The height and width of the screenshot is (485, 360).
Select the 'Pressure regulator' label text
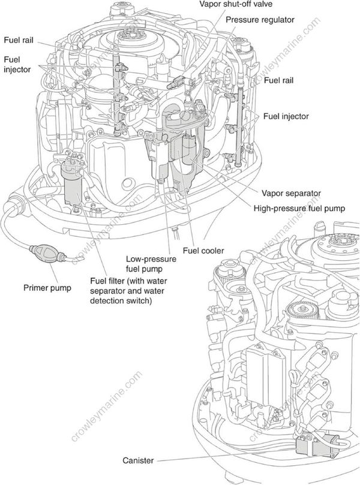260,20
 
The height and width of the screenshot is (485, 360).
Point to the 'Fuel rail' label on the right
280,79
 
